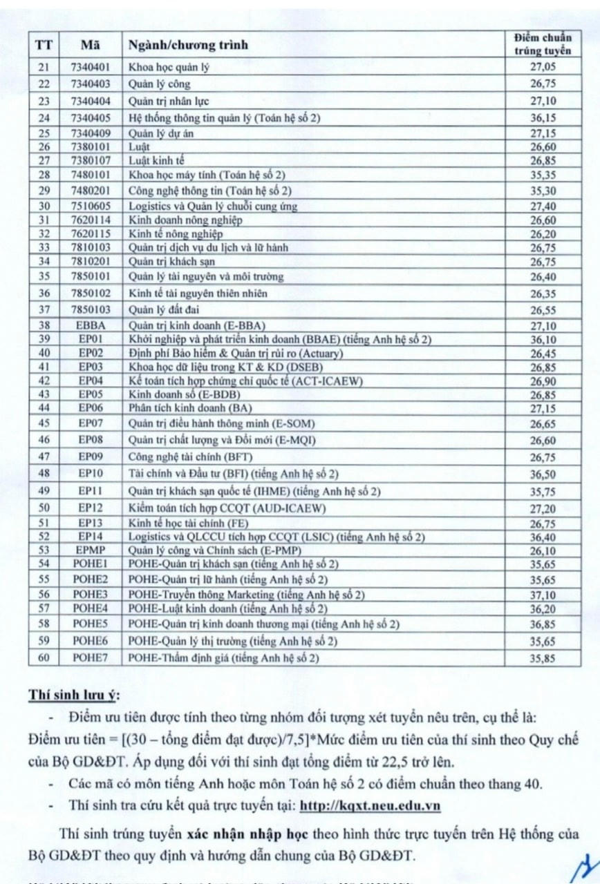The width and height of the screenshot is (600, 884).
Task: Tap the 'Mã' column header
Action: coord(90,46)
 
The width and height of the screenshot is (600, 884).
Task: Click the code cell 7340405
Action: coord(90,117)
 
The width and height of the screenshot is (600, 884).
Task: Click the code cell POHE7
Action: coord(90,657)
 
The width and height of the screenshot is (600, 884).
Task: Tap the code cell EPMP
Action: coord(90,550)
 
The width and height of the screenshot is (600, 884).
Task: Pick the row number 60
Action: coord(44,657)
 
